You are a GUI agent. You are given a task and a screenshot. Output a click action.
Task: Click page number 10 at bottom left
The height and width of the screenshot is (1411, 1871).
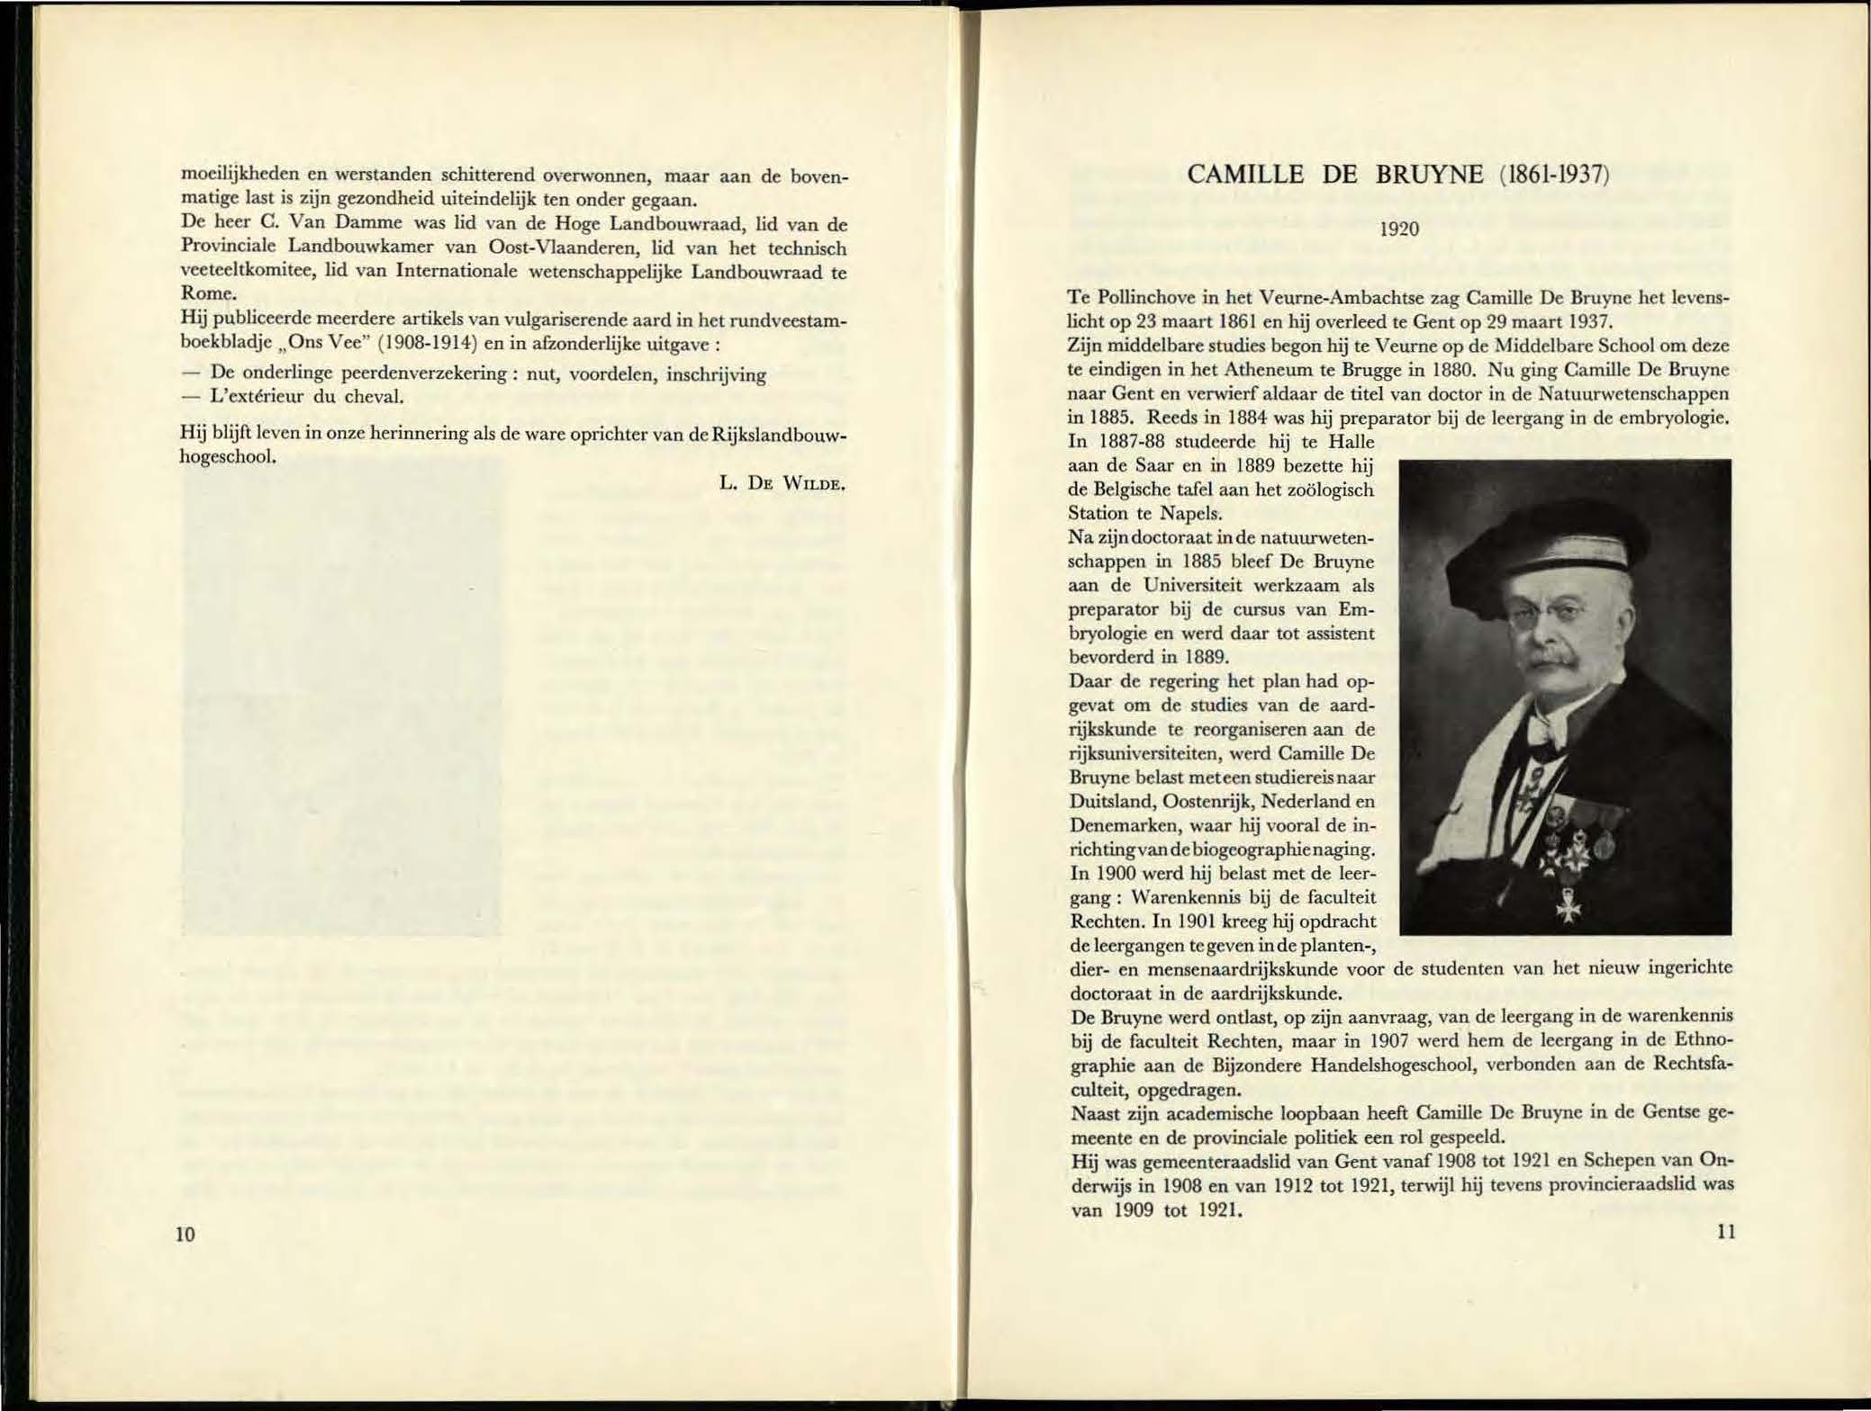coord(185,1234)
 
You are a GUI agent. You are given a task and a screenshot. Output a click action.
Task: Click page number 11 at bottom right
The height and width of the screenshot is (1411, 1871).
coord(1725,1231)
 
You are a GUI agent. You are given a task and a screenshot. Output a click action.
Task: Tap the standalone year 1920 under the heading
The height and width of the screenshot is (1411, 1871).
coord(1400,229)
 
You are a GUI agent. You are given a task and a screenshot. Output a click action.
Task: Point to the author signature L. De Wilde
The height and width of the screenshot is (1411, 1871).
coord(782,483)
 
